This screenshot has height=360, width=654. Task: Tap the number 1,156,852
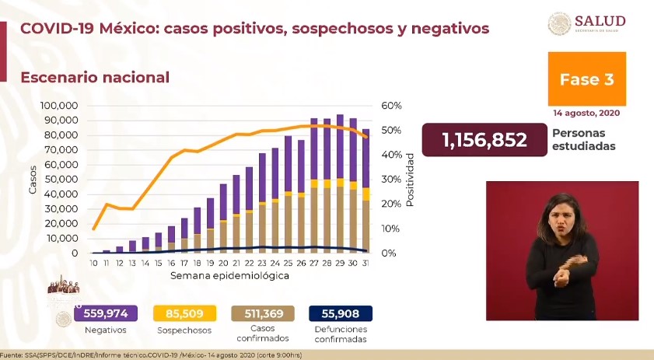click(x=484, y=140)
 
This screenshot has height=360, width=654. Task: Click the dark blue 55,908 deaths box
click(x=341, y=313)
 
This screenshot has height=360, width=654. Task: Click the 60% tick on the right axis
click(x=390, y=106)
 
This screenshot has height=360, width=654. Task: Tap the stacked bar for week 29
click(x=339, y=183)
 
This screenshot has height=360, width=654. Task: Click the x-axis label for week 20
click(x=223, y=264)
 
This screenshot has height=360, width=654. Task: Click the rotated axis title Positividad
click(x=410, y=180)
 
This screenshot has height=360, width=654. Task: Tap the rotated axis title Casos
click(x=33, y=180)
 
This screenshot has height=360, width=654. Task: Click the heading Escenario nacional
click(x=94, y=78)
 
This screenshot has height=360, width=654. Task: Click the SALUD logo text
click(x=603, y=21)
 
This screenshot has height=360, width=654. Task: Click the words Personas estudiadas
click(x=585, y=139)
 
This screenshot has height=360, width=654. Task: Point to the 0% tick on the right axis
click(x=388, y=253)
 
